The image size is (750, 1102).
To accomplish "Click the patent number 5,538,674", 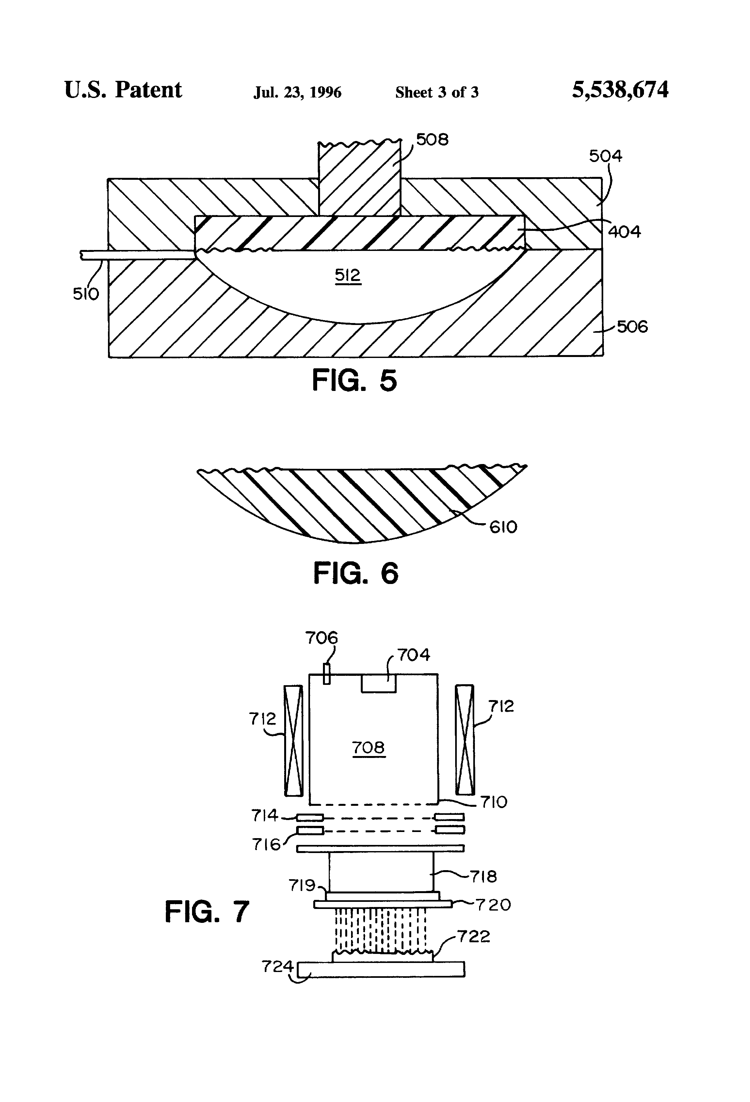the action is [620, 90].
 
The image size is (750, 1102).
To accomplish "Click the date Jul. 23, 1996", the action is [297, 92].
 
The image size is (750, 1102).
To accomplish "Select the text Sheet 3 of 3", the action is [437, 92].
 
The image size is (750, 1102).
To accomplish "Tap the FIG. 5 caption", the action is [354, 380].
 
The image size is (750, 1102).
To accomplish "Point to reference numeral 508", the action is [432, 139].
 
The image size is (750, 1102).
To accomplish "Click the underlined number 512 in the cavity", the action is [348, 275].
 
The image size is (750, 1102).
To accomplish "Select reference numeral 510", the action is [86, 294].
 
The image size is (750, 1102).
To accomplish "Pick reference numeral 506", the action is [632, 326].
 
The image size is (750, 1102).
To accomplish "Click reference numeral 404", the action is [624, 232].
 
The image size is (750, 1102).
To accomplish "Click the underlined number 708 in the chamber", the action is [368, 748].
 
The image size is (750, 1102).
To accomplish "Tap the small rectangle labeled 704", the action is [378, 683].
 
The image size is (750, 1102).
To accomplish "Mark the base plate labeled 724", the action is [381, 969].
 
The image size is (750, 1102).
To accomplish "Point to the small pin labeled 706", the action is [326, 674].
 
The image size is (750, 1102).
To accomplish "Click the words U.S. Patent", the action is [123, 90].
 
